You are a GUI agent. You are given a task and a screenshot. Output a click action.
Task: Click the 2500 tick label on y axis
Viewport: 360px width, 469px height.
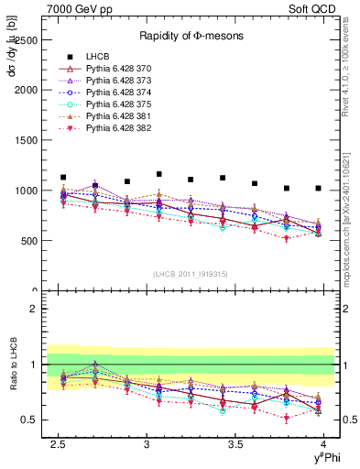[x=25, y=40]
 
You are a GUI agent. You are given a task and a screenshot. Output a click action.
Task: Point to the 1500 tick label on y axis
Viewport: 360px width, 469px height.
[x=25, y=140]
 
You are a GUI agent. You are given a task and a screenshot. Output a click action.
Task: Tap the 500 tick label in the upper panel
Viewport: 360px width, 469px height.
[x=27, y=241]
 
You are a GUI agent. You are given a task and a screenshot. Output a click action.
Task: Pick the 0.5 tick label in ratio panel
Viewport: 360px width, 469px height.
[x=29, y=420]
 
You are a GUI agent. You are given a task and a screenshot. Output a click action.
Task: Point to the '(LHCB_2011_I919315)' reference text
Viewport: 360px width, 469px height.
[x=191, y=274]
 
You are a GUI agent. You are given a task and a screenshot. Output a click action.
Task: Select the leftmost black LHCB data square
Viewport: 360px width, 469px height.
[x=62, y=177]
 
